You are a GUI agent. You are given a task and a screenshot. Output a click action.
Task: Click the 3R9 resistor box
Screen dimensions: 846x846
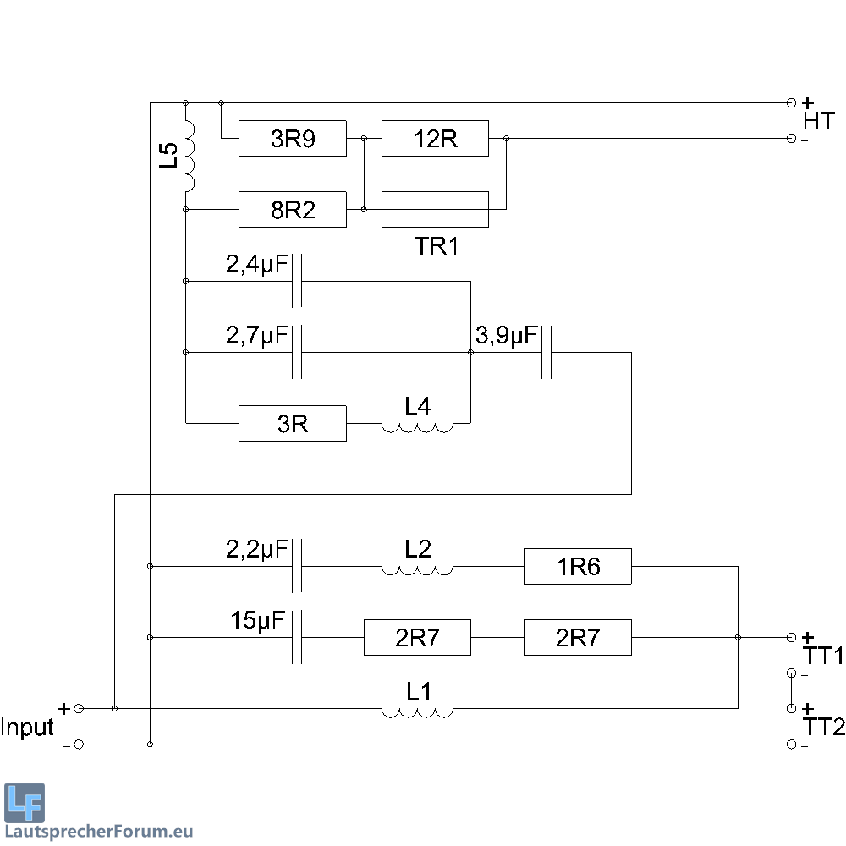pyautogui.click(x=293, y=139)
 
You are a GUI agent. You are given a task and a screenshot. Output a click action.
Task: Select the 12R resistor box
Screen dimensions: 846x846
pyautogui.click(x=435, y=139)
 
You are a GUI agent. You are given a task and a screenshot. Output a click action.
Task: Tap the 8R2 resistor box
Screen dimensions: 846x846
pyautogui.click(x=293, y=210)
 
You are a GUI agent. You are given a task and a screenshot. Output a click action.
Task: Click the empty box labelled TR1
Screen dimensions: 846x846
pyautogui.click(x=435, y=210)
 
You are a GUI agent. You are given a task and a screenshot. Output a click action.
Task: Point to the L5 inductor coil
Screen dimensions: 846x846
pyautogui.click(x=190, y=156)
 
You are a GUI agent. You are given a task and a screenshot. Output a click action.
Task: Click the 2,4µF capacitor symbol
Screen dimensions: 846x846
pyautogui.click(x=297, y=281)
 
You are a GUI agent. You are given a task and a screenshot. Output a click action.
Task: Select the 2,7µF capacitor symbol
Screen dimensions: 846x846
pyautogui.click(x=297, y=352)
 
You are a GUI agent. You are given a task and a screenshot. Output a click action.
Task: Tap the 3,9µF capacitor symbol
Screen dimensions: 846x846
pyautogui.click(x=547, y=352)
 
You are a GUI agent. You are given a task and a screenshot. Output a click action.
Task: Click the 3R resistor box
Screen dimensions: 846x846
pyautogui.click(x=293, y=423)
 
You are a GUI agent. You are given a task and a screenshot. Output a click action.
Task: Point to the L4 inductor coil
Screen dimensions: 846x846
pyautogui.click(x=417, y=426)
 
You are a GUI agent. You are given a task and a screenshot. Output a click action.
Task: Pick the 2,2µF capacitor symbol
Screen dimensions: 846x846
pyautogui.click(x=297, y=565)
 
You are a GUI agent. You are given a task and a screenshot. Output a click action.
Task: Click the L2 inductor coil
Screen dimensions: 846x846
pyautogui.click(x=417, y=569)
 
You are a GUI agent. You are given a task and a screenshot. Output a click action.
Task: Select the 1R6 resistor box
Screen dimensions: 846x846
pyautogui.click(x=578, y=566)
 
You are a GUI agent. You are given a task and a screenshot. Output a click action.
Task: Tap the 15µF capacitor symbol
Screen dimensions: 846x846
pyautogui.click(x=297, y=637)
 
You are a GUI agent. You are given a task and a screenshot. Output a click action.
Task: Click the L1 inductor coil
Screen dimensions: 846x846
pyautogui.click(x=417, y=711)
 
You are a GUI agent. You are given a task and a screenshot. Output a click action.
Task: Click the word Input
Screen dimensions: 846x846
pyautogui.click(x=27, y=728)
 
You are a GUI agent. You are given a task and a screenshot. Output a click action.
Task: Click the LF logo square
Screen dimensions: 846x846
pyautogui.click(x=25, y=803)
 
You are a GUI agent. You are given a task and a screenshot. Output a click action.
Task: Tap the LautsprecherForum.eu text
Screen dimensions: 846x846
pyautogui.click(x=99, y=832)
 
